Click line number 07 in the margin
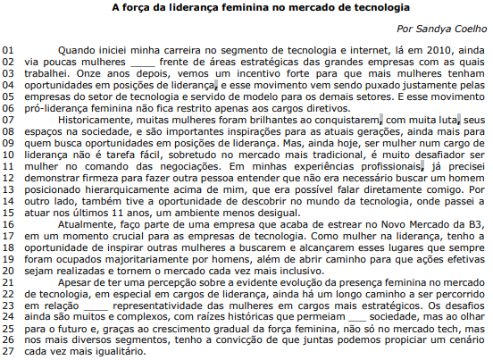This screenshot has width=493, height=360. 8,119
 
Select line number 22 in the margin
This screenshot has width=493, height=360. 8,280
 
